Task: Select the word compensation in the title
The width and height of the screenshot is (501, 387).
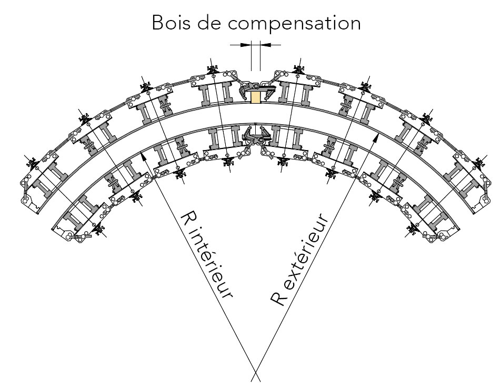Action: (298, 24)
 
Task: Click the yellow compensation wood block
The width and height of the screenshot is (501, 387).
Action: (255, 97)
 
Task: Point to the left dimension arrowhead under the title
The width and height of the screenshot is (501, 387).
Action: (247, 45)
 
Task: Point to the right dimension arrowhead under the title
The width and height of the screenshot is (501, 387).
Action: (264, 45)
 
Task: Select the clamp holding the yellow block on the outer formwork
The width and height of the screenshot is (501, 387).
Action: (255, 86)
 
